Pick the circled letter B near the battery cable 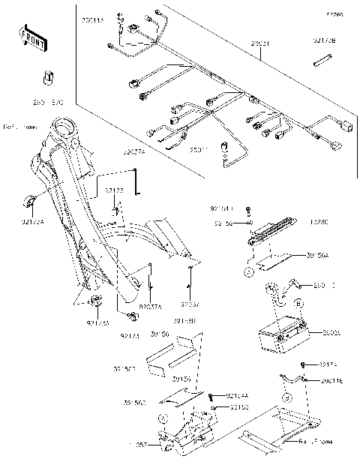298,304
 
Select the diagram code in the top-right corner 334,14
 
